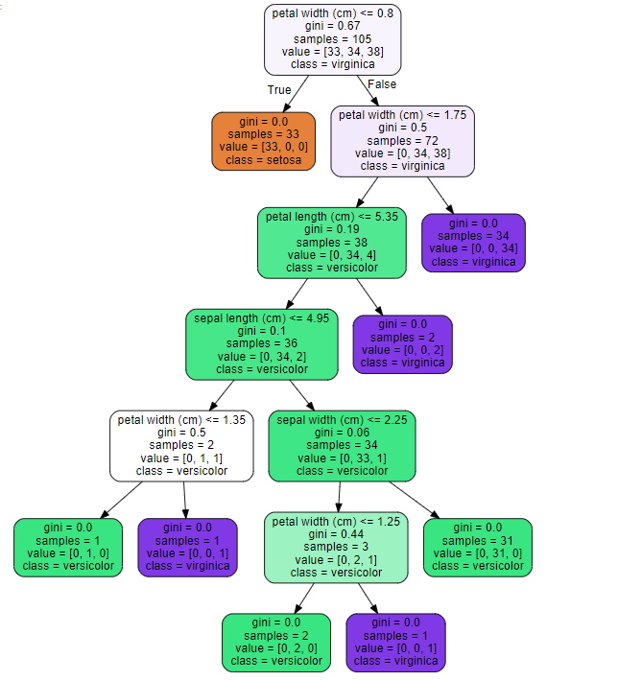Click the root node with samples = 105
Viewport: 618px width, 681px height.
pos(332,39)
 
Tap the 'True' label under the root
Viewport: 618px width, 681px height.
pos(279,89)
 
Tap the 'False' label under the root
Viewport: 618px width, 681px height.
pos(382,84)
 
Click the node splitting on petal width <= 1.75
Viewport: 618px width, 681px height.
pos(402,140)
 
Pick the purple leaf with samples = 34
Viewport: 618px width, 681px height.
pos(474,242)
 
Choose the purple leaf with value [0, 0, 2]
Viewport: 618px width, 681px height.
pos(402,343)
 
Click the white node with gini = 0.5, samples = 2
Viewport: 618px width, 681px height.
pos(181,445)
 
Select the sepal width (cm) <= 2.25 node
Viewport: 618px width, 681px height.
pos(342,445)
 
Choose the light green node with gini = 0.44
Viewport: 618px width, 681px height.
pos(336,547)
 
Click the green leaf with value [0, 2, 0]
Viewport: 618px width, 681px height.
pos(272,642)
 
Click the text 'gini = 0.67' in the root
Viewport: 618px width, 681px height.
pos(332,26)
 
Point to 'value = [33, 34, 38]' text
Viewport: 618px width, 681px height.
pos(332,52)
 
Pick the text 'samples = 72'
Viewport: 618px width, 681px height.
pos(402,140)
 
